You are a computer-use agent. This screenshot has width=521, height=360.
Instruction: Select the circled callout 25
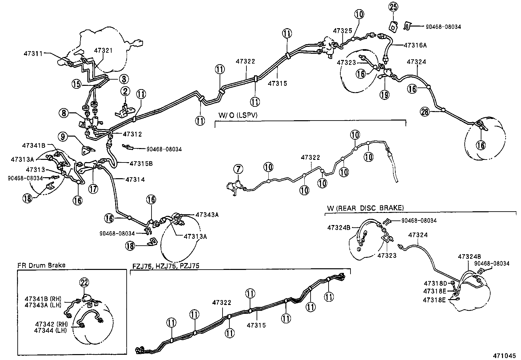[x=393, y=7]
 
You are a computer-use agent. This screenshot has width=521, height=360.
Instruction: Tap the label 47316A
[x=415, y=46]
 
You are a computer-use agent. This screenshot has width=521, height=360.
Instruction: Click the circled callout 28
[x=425, y=112]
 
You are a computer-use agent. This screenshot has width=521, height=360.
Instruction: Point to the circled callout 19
[x=385, y=95]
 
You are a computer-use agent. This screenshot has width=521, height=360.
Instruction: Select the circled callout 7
[x=238, y=170]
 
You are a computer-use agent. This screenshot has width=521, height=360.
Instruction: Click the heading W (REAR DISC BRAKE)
[x=365, y=208]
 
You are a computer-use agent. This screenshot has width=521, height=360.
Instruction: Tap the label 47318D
[x=435, y=283]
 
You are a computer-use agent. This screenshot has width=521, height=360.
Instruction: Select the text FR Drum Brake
[x=41, y=265]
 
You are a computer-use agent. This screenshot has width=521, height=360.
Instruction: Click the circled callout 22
[x=84, y=282]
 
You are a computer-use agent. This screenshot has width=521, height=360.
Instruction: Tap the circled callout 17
[x=93, y=189]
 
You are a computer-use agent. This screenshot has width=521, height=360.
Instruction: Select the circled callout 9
[x=64, y=136]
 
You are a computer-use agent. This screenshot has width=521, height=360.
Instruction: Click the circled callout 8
[x=64, y=113]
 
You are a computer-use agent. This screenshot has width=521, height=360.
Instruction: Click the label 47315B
[x=141, y=163]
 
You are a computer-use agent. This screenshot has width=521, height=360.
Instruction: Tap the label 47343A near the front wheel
[x=207, y=215]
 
